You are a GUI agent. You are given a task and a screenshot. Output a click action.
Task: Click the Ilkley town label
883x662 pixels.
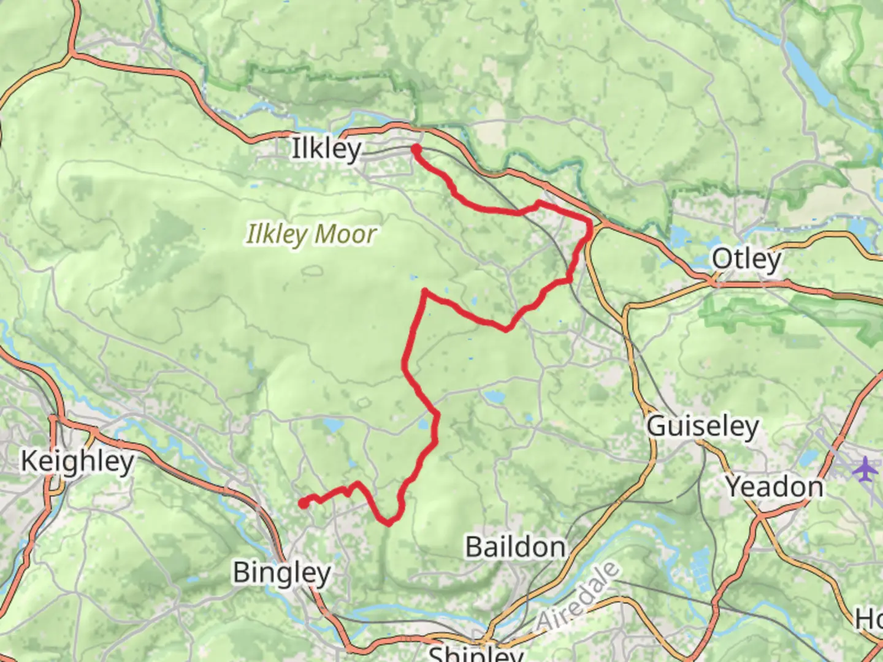(326, 149)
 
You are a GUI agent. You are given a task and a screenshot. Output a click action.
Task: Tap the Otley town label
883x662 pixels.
(746, 259)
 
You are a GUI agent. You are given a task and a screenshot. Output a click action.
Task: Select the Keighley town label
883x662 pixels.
(77, 461)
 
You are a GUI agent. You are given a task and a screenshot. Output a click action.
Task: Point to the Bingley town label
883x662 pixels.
(282, 573)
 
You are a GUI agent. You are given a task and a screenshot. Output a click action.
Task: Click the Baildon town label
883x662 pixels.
(515, 547)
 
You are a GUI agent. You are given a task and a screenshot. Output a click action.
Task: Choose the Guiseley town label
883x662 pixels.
(703, 426)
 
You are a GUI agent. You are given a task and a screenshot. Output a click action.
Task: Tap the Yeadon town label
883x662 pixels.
(775, 487)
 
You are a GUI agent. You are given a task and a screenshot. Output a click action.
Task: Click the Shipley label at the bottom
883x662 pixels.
(475, 653)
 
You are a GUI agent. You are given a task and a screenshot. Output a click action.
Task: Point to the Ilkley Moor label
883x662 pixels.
(312, 234)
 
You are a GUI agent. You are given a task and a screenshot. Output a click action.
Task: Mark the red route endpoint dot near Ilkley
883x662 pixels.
(416, 149)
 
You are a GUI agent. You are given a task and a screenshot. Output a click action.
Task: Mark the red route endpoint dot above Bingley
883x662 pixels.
(303, 503)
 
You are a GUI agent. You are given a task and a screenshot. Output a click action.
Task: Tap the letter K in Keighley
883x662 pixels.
(29, 461)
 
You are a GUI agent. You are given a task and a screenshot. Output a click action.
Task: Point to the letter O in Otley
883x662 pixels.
(722, 259)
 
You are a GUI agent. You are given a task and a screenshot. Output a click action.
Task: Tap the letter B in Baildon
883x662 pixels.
(473, 547)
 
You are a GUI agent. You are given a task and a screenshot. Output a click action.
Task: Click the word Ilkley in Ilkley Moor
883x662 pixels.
(276, 234)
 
